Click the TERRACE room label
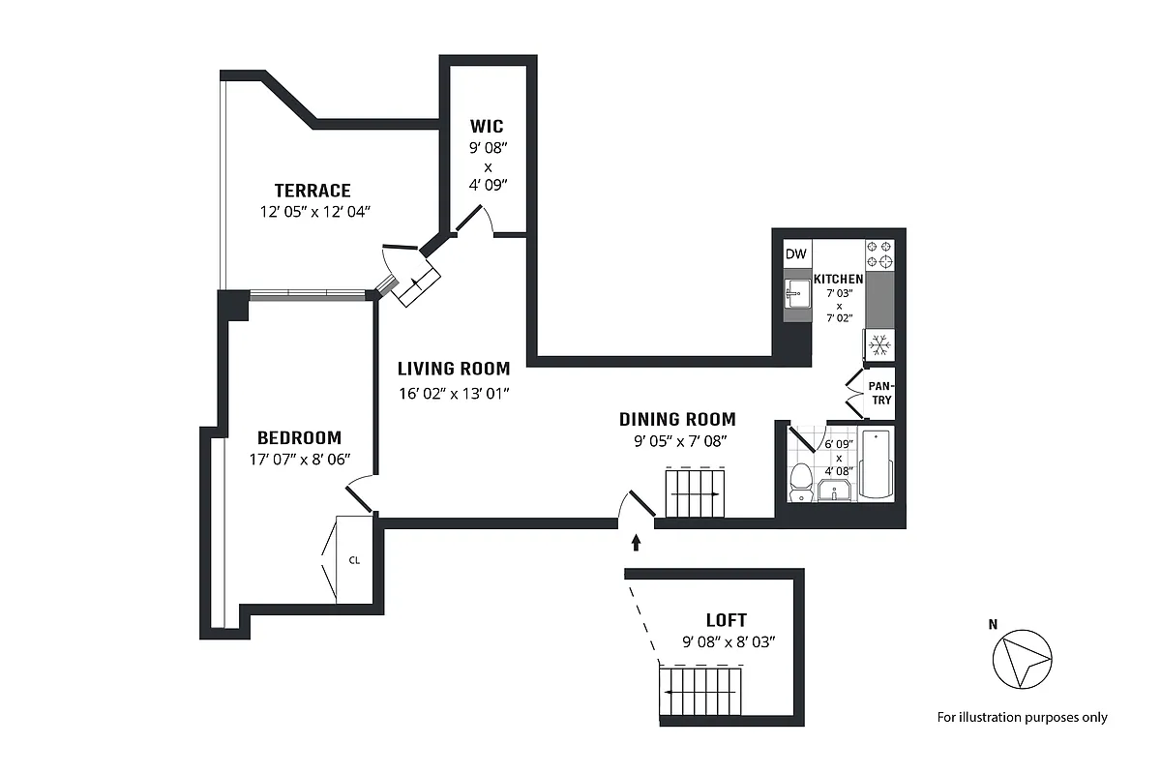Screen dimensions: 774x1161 click(312, 191)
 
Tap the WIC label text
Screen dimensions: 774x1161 click(487, 127)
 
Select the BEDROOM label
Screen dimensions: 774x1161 click(299, 437)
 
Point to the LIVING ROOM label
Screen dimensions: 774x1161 click(454, 369)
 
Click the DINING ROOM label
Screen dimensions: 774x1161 click(677, 419)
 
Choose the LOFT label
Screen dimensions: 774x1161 click(726, 620)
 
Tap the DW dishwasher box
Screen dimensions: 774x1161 click(795, 254)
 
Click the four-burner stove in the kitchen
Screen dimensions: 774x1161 click(879, 254)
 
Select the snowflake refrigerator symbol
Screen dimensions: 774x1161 click(879, 345)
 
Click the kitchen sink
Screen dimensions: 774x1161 click(796, 293)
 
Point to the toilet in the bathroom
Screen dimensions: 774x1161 click(800, 481)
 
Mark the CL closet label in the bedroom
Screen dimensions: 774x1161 click(354, 559)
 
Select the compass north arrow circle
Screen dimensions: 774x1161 click(1022, 660)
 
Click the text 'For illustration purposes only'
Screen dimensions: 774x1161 click(1022, 717)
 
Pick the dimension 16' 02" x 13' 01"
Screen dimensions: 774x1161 click(454, 393)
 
